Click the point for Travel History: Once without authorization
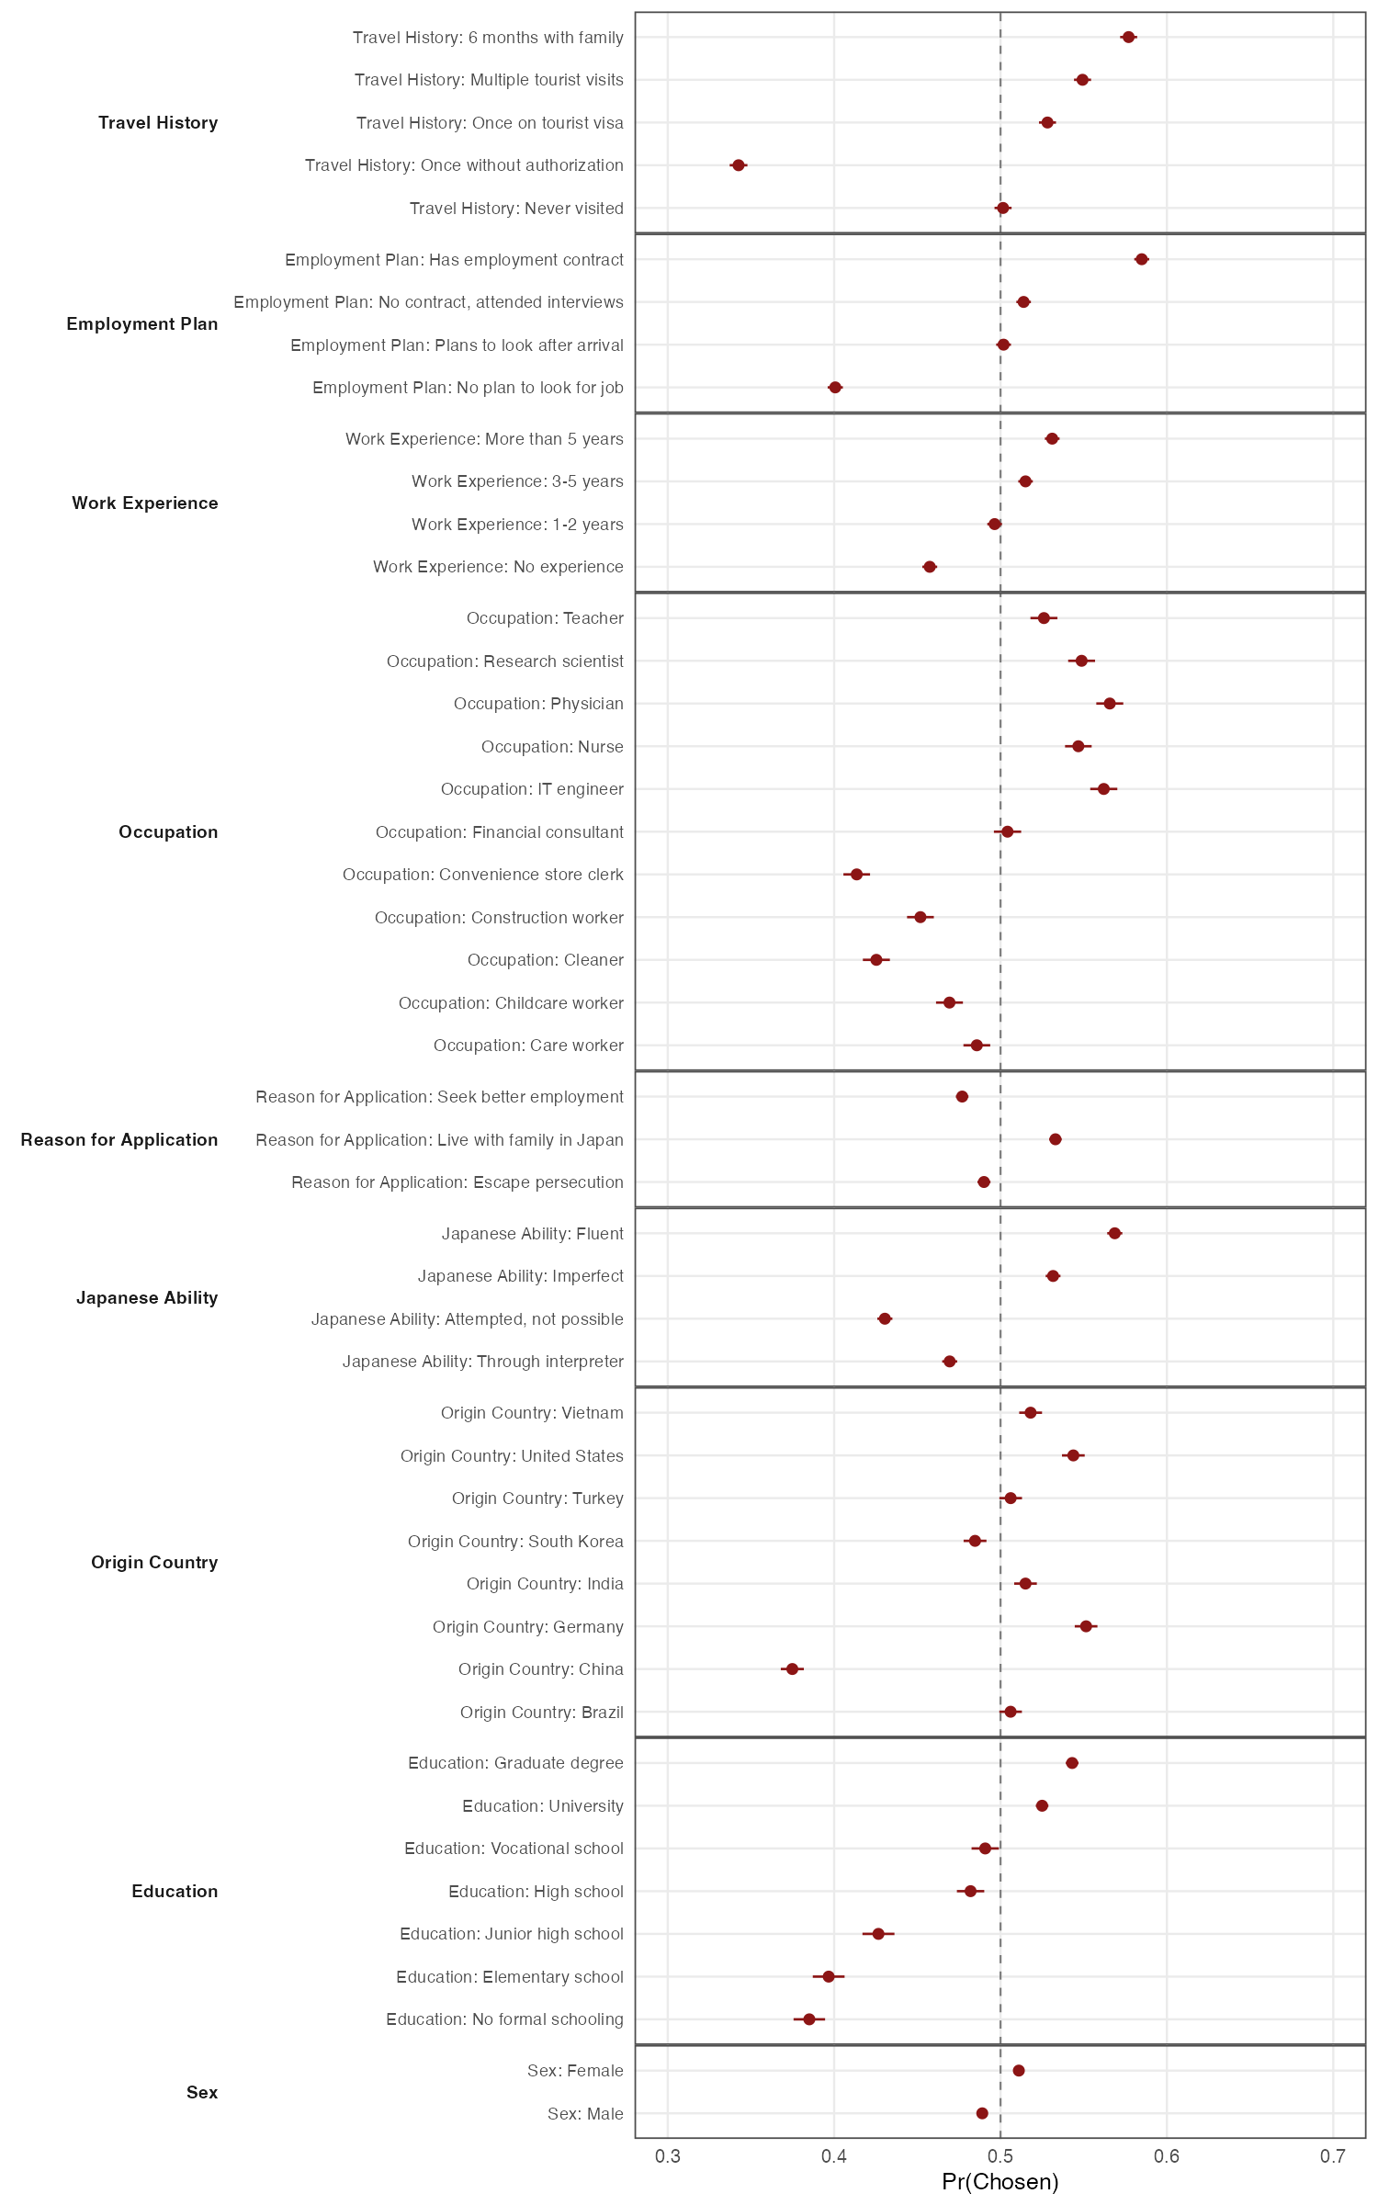[738, 165]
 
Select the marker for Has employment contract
[1141, 259]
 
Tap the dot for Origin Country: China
[792, 1668]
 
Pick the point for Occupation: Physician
[1109, 704]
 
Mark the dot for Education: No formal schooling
[809, 2019]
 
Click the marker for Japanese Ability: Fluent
[1114, 1233]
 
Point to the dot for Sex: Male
[982, 2113]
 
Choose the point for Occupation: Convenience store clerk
[856, 874]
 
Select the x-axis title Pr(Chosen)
[1000, 2182]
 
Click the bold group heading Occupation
[168, 832]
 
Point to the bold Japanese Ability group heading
[147, 1298]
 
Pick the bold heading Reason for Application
[119, 1140]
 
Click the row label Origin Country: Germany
[527, 1627]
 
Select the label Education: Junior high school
[511, 1934]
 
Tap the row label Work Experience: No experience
[498, 567]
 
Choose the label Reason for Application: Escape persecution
[457, 1182]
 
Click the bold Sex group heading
[202, 2093]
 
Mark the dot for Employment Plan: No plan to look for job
[835, 388]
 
